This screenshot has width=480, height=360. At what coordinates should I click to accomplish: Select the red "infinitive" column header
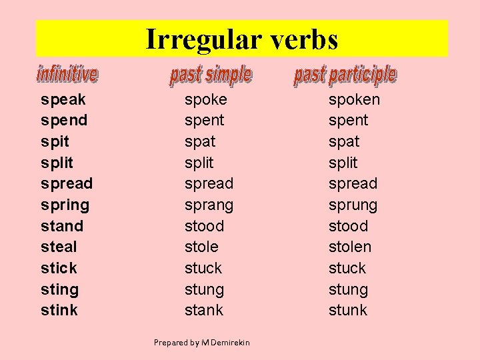67,74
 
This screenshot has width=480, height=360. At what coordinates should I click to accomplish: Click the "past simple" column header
211,75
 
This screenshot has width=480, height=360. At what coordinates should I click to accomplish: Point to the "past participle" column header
345,75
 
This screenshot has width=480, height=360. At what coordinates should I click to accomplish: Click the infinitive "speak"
63,99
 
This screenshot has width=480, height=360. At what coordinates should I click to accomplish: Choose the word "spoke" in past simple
206,99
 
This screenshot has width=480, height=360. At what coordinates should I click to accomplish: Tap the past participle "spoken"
354,99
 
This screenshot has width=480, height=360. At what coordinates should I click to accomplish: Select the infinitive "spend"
64,121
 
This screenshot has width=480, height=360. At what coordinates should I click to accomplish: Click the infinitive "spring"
65,205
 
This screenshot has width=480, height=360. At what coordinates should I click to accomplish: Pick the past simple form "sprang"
209,205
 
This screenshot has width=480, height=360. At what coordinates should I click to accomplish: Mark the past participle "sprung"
353,205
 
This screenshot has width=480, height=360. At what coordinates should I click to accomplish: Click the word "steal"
59,247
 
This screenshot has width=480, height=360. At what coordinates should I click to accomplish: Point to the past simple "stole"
201,247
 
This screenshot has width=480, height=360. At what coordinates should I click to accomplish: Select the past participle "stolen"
350,247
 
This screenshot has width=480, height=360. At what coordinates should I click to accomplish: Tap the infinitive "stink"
59,309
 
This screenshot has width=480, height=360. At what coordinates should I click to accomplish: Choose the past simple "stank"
204,309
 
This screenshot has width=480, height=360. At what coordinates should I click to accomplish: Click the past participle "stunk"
348,309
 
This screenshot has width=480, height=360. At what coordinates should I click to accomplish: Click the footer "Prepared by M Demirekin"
202,343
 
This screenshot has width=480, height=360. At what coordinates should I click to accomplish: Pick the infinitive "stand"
62,226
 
